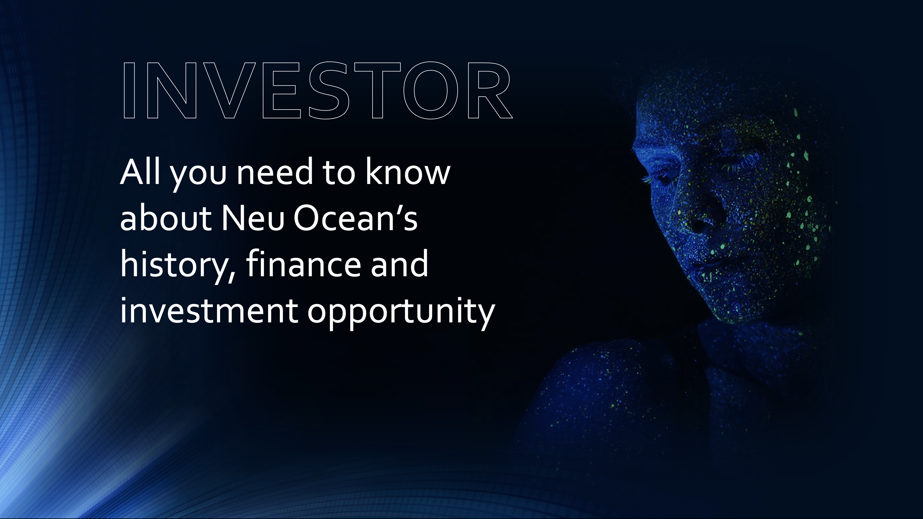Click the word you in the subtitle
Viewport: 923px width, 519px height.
(198, 175)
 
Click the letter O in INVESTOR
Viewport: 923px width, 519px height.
(431, 91)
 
